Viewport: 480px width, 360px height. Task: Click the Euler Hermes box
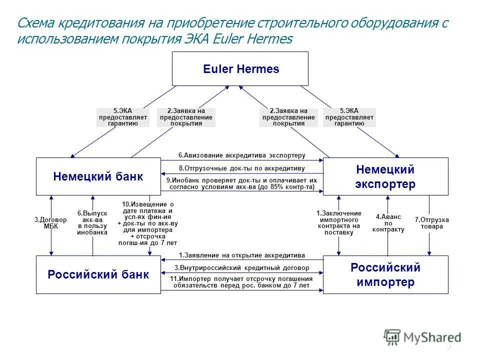tap(240, 69)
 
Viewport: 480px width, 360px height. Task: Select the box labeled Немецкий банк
tap(98, 176)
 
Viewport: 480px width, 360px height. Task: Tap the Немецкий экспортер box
tap(385, 176)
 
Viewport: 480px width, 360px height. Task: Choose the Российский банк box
tap(98, 274)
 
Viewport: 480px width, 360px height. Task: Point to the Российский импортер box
tap(385, 274)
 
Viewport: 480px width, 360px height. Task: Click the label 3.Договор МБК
tap(50, 223)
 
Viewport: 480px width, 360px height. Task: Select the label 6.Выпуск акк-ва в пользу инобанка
tap(92, 223)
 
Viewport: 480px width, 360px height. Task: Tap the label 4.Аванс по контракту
tap(388, 223)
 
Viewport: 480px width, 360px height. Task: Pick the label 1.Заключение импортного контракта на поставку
tap(338, 223)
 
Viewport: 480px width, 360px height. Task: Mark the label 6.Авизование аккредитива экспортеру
tap(241, 155)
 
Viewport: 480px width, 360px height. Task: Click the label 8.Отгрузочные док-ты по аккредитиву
tap(241, 168)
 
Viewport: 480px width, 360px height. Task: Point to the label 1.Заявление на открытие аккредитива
tap(241, 255)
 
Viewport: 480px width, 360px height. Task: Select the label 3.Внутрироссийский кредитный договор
tap(241, 268)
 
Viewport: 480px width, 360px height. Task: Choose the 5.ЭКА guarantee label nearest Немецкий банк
tap(122, 117)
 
